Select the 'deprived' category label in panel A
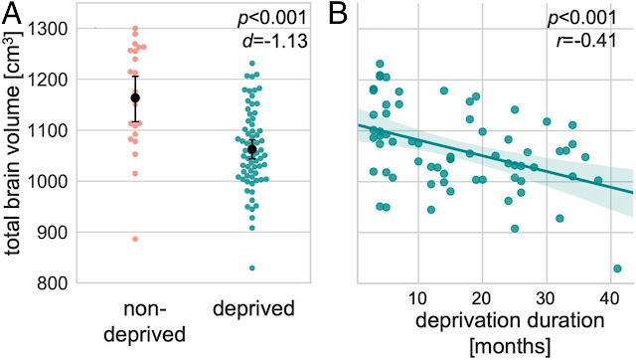pos(254,309)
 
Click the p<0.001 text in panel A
pos(272,18)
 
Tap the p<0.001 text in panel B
pos(582,18)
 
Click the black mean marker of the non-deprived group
pos(135,97)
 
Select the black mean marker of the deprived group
pos(251,149)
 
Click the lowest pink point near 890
pos(135,239)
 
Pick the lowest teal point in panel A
pos(252,268)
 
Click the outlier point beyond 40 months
pos(617,269)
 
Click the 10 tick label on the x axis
pos(417,299)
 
